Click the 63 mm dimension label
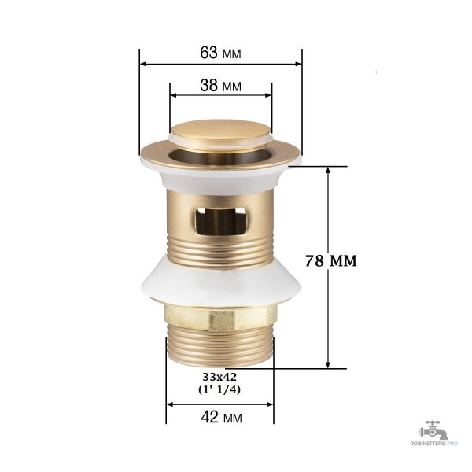tap(220, 53)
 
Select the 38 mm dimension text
tap(220, 86)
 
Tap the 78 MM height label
tap(331, 260)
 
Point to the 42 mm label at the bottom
tap(221, 417)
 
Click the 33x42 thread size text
tap(219, 377)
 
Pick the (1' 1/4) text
tap(219, 390)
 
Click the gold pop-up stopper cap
tap(220, 131)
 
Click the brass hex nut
tap(220, 317)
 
